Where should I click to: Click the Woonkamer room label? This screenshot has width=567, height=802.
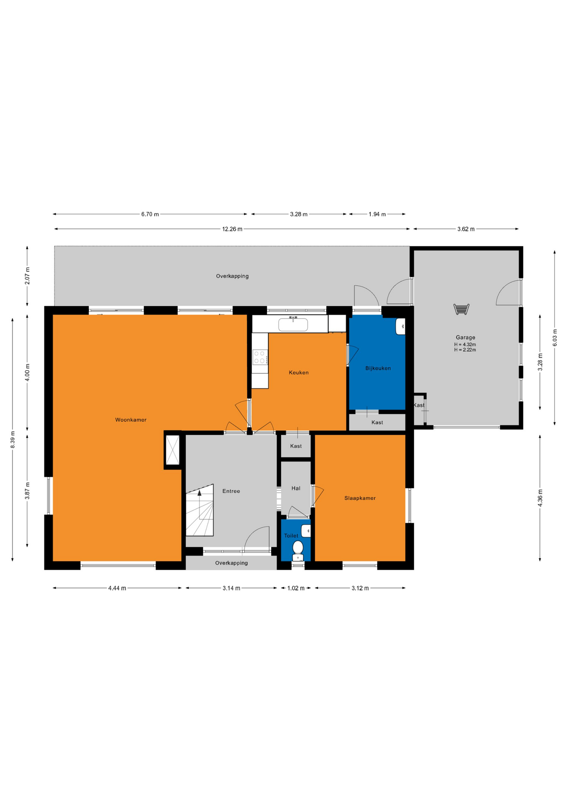(x=131, y=420)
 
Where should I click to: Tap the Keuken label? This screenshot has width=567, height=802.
(x=299, y=373)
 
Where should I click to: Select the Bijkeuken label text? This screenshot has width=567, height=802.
(x=378, y=368)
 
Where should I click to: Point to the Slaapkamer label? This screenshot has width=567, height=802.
(x=360, y=498)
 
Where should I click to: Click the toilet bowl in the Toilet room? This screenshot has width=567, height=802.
(x=298, y=551)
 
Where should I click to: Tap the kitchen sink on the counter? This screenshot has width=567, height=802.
(x=293, y=324)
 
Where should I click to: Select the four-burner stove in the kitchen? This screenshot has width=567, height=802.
(x=260, y=357)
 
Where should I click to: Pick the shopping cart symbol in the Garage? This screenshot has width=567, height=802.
(x=461, y=309)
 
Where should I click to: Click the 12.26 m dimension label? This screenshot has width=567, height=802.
(x=232, y=229)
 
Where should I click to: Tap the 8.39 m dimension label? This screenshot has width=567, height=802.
(x=13, y=439)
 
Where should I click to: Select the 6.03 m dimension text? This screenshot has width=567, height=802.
(x=555, y=338)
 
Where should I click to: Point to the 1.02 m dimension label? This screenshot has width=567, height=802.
(x=296, y=588)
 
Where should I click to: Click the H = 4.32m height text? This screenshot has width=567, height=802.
(x=465, y=345)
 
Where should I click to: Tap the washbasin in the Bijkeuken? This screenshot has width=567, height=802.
(x=400, y=326)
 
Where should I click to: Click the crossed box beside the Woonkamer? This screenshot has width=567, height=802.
(x=172, y=450)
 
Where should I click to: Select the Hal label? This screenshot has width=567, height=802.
(x=296, y=488)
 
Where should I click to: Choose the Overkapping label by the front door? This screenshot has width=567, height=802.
(x=231, y=563)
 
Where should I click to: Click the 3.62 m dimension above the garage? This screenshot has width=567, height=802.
(x=466, y=229)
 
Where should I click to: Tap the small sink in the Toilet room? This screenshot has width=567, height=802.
(x=306, y=531)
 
